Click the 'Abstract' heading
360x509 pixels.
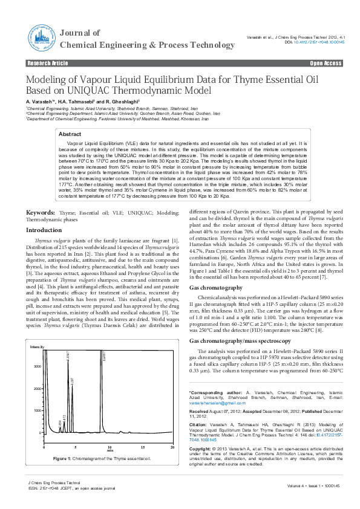pos(70,134)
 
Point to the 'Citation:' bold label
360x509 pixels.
pos(201,424)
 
